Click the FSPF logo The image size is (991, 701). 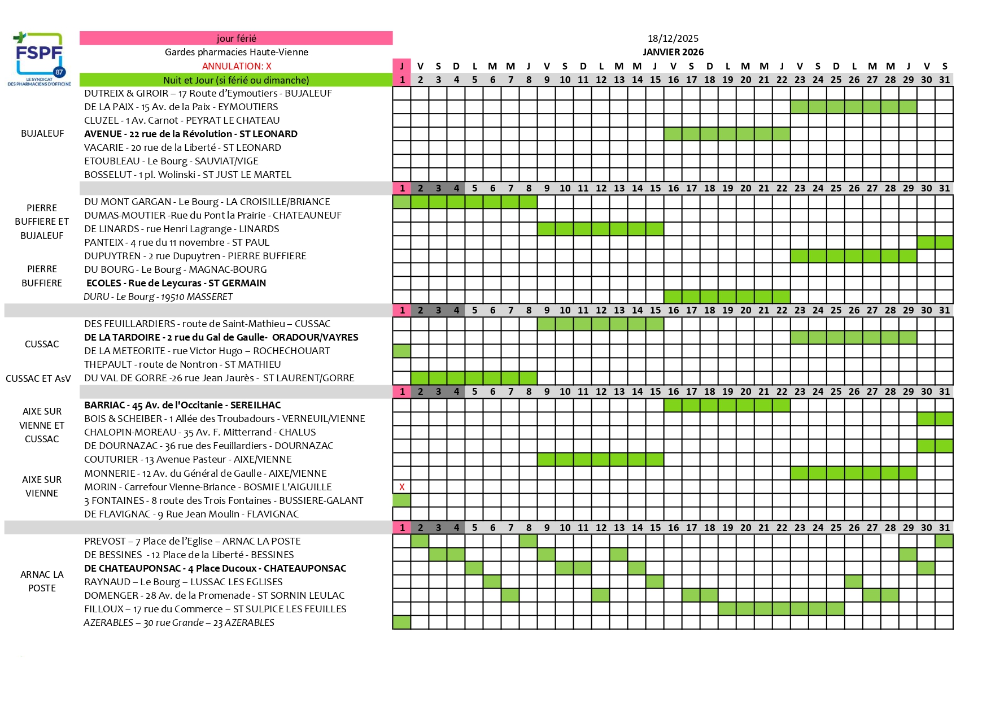pos(39,58)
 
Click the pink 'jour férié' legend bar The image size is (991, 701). pos(236,38)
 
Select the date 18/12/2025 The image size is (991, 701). pos(673,38)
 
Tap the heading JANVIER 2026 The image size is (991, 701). pos(673,52)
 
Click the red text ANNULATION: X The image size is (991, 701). pos(237,66)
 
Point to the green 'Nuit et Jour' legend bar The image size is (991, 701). pos(236,80)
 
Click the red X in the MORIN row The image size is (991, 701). pos(401,487)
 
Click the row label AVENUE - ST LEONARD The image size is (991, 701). pos(191,134)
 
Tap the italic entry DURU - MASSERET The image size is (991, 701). pos(158,297)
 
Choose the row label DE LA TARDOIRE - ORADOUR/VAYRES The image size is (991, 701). pos(221,337)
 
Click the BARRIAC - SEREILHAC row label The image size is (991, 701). pos(182,405)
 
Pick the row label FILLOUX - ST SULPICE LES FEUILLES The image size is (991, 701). pos(215,609)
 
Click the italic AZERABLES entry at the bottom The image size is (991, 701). pos(179,622)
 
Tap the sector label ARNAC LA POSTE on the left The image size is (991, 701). pos(42,581)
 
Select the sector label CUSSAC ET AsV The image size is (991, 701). pos(38,378)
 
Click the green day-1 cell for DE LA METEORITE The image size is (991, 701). pos(401,351)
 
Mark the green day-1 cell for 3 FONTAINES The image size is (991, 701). pos(401,500)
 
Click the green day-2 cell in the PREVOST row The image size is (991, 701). pos(420,541)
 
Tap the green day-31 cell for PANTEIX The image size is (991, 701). pos(944,242)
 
